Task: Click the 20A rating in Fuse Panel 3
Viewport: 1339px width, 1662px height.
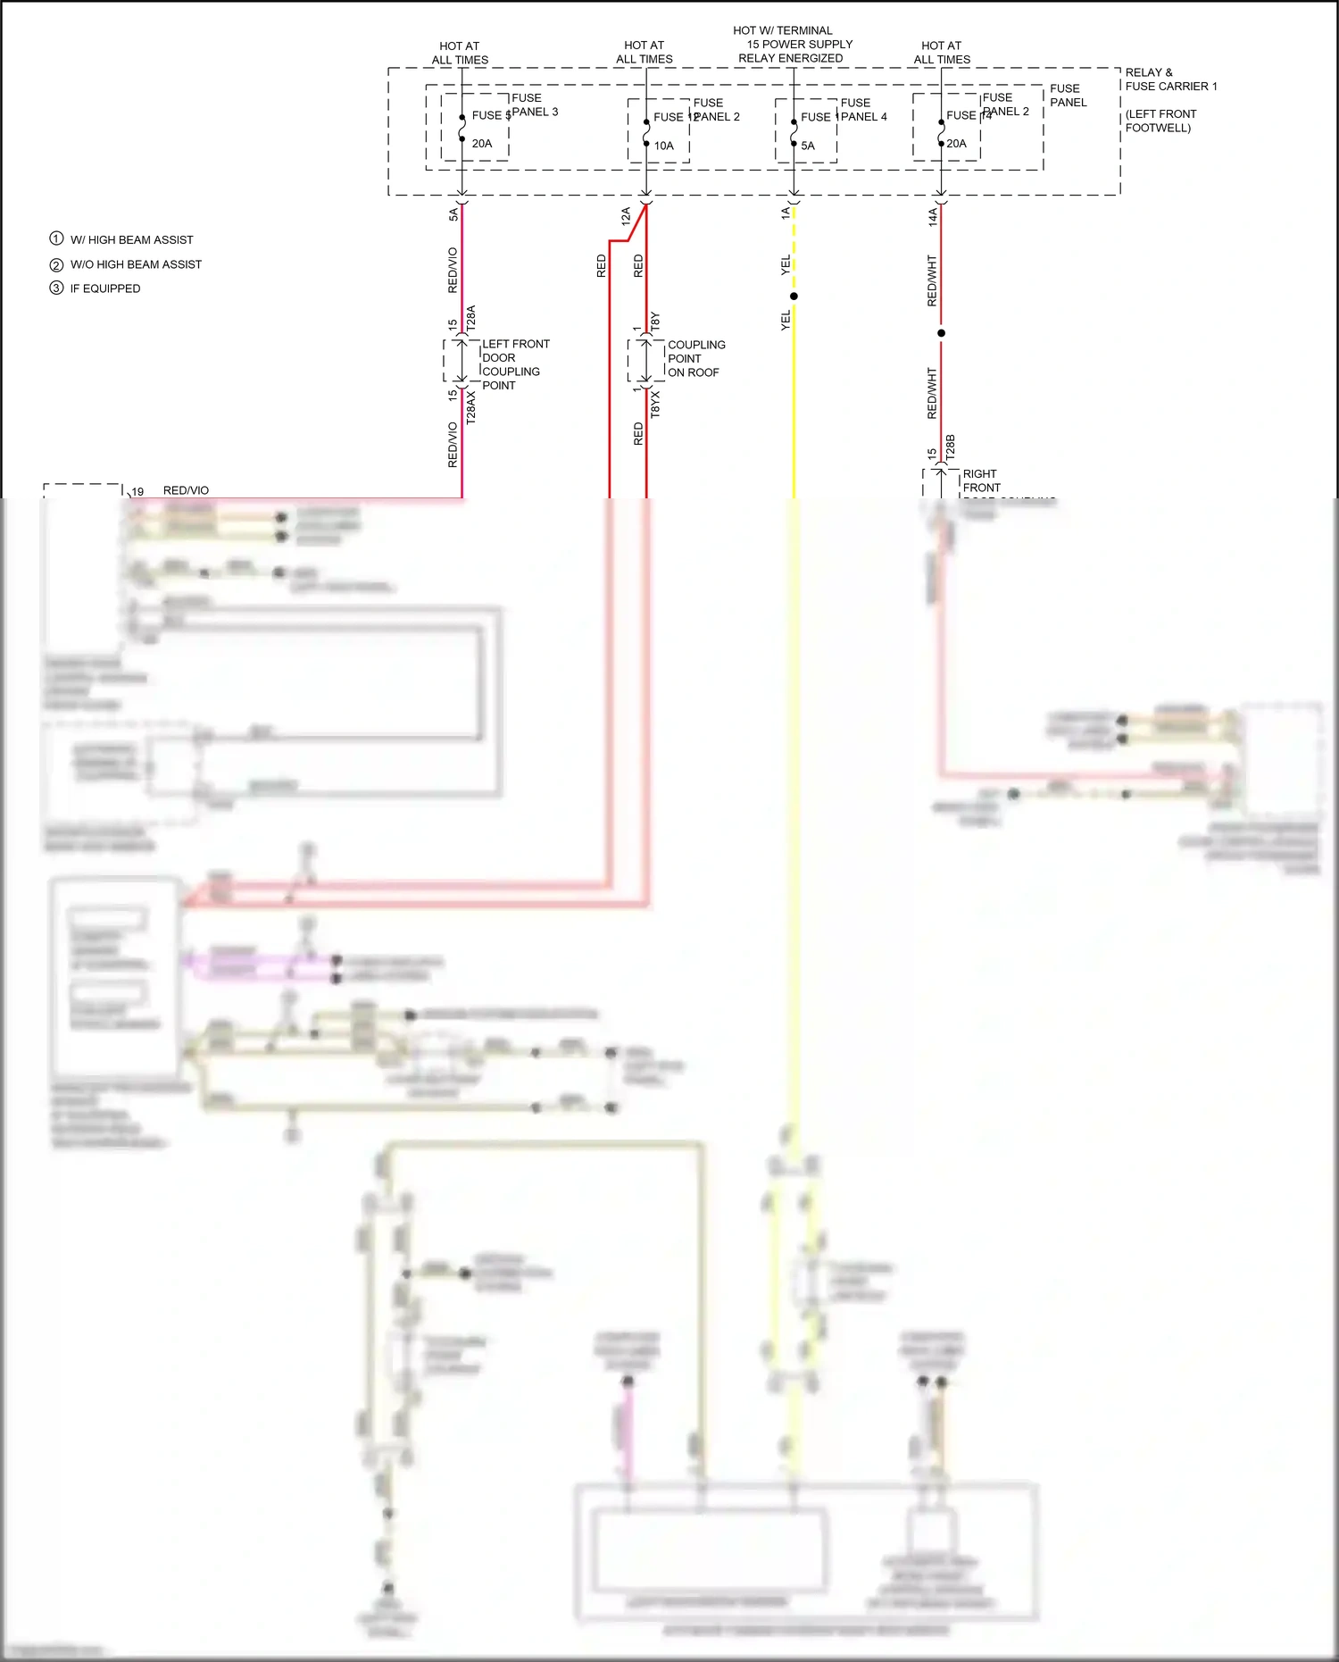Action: tap(482, 144)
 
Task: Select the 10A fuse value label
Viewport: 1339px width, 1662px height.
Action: tap(663, 146)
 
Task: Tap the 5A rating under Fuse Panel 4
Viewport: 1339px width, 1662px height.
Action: tap(808, 146)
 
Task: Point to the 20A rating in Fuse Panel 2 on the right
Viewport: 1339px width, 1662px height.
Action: tap(956, 144)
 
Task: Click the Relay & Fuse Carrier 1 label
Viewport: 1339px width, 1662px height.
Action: tap(1170, 79)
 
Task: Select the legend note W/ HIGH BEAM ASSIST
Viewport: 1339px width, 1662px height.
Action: tap(131, 240)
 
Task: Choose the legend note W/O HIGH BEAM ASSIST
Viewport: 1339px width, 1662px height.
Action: tap(136, 264)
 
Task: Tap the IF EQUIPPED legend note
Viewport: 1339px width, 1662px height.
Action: tap(105, 288)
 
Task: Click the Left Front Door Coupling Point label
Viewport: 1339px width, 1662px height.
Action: tap(515, 364)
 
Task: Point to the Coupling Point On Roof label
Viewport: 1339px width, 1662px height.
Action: tap(696, 358)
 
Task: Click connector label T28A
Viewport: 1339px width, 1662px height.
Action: tap(471, 319)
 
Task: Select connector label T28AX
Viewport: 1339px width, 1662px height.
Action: tap(471, 406)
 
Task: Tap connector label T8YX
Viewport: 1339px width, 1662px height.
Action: tap(655, 404)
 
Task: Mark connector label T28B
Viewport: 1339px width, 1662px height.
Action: tap(950, 447)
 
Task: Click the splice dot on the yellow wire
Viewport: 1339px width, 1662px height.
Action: tap(794, 296)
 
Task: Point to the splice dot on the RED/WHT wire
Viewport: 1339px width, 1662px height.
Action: tap(941, 333)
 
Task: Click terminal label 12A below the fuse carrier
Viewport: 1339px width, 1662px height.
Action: tap(626, 215)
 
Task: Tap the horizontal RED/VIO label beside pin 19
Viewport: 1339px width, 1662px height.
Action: tap(186, 490)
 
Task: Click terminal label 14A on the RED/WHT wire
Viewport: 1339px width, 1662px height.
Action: tap(932, 216)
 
